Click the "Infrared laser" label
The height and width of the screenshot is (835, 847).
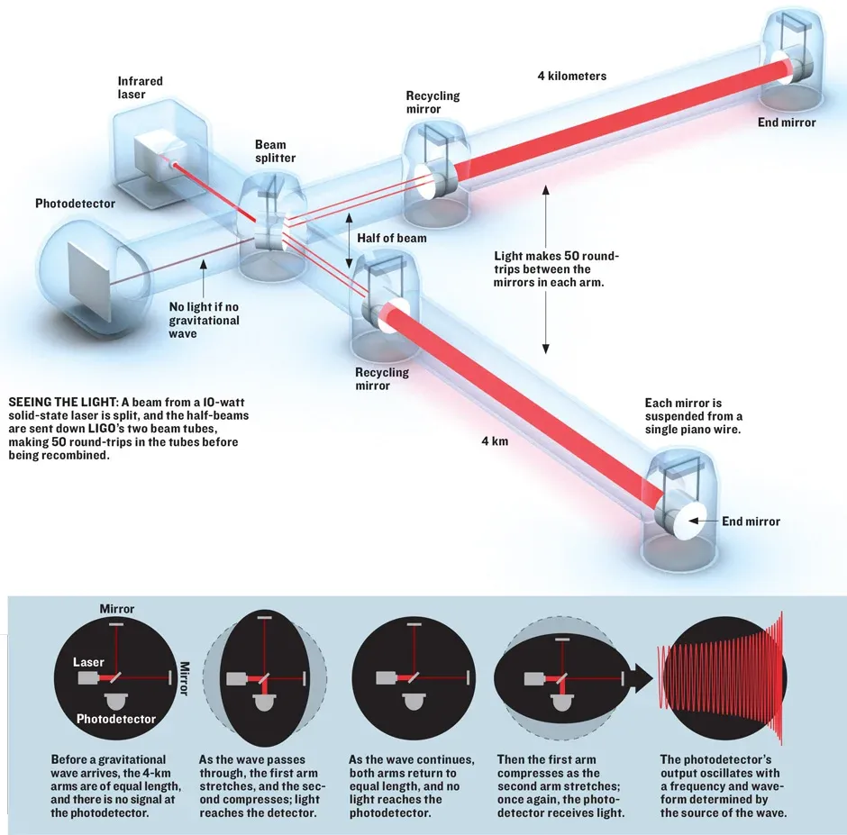[x=141, y=88]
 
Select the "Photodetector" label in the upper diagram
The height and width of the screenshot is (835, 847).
[x=76, y=204]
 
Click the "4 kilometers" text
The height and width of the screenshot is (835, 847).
[x=571, y=76]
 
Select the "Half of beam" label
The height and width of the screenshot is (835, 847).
[x=392, y=238]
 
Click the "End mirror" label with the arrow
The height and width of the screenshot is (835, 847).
[x=751, y=522]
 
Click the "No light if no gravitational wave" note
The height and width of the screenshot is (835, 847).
[x=205, y=320]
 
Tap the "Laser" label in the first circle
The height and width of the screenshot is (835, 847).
[x=89, y=662]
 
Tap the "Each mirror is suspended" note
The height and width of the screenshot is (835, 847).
[x=694, y=416]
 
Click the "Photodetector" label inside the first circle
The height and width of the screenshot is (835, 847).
[x=115, y=719]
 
